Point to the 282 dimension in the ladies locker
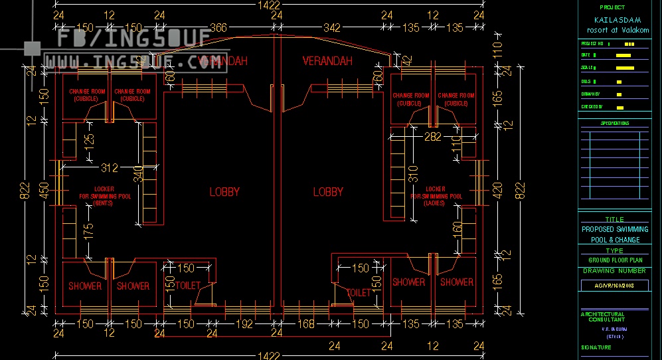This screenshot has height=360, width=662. (433, 136)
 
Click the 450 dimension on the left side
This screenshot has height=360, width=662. (44, 191)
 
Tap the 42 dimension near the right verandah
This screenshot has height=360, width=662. (408, 58)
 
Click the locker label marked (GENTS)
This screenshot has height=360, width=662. (104, 203)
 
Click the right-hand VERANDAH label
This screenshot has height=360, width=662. (327, 61)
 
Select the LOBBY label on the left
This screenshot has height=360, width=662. (224, 192)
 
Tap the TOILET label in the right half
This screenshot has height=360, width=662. (359, 292)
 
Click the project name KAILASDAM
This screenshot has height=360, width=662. (613, 20)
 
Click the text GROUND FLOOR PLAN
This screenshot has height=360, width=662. (614, 260)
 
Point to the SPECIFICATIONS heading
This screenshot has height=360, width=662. (615, 124)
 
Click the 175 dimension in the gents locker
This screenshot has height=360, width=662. (89, 230)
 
